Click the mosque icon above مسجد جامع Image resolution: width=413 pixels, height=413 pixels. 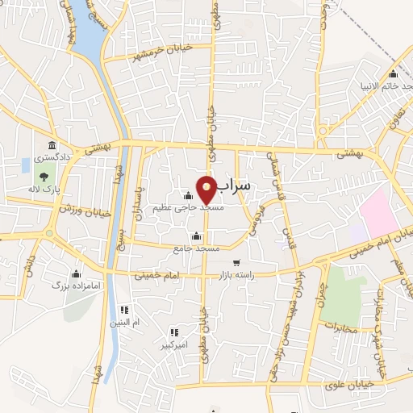click(196, 236)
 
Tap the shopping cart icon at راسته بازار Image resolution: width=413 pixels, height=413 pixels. click(236, 262)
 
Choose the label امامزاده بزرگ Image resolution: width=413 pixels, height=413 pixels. click(67, 286)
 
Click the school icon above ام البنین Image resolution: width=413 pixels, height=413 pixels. click(124, 309)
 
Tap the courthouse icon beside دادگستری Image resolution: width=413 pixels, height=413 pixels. click(52, 146)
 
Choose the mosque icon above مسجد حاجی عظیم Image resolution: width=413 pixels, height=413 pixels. click(188, 194)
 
